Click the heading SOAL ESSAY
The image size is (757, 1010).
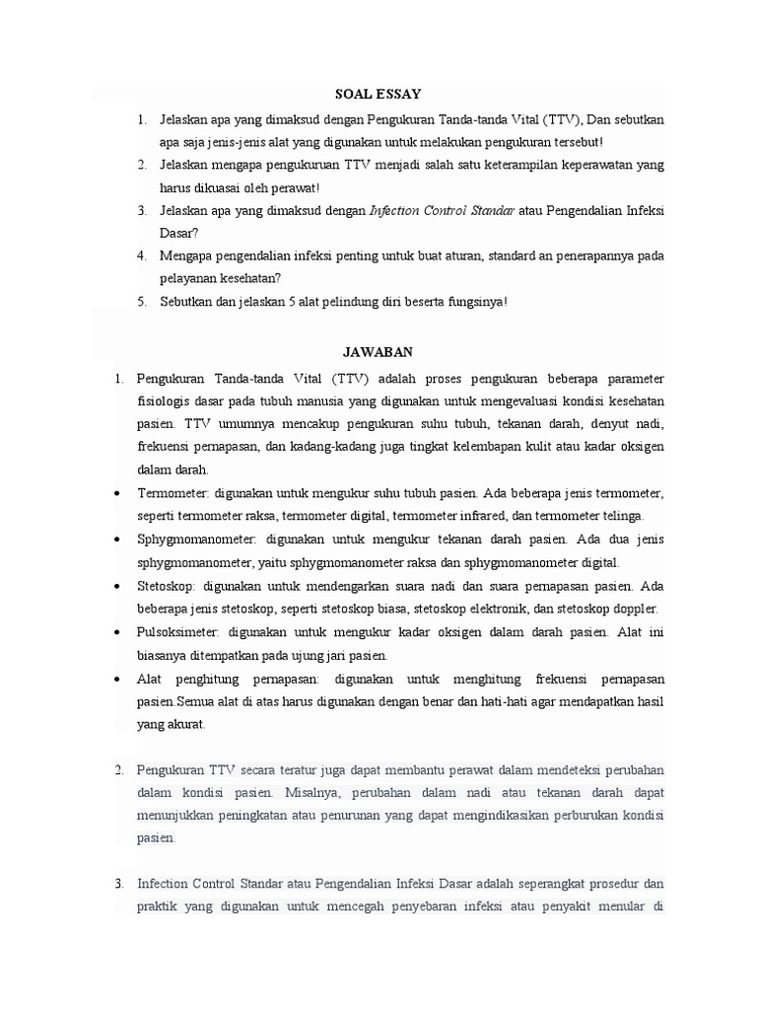click(378, 94)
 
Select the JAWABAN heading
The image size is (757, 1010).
click(378, 351)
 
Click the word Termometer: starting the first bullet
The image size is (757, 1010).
click(173, 492)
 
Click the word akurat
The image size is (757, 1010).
click(188, 724)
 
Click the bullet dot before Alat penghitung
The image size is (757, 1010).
click(117, 679)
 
